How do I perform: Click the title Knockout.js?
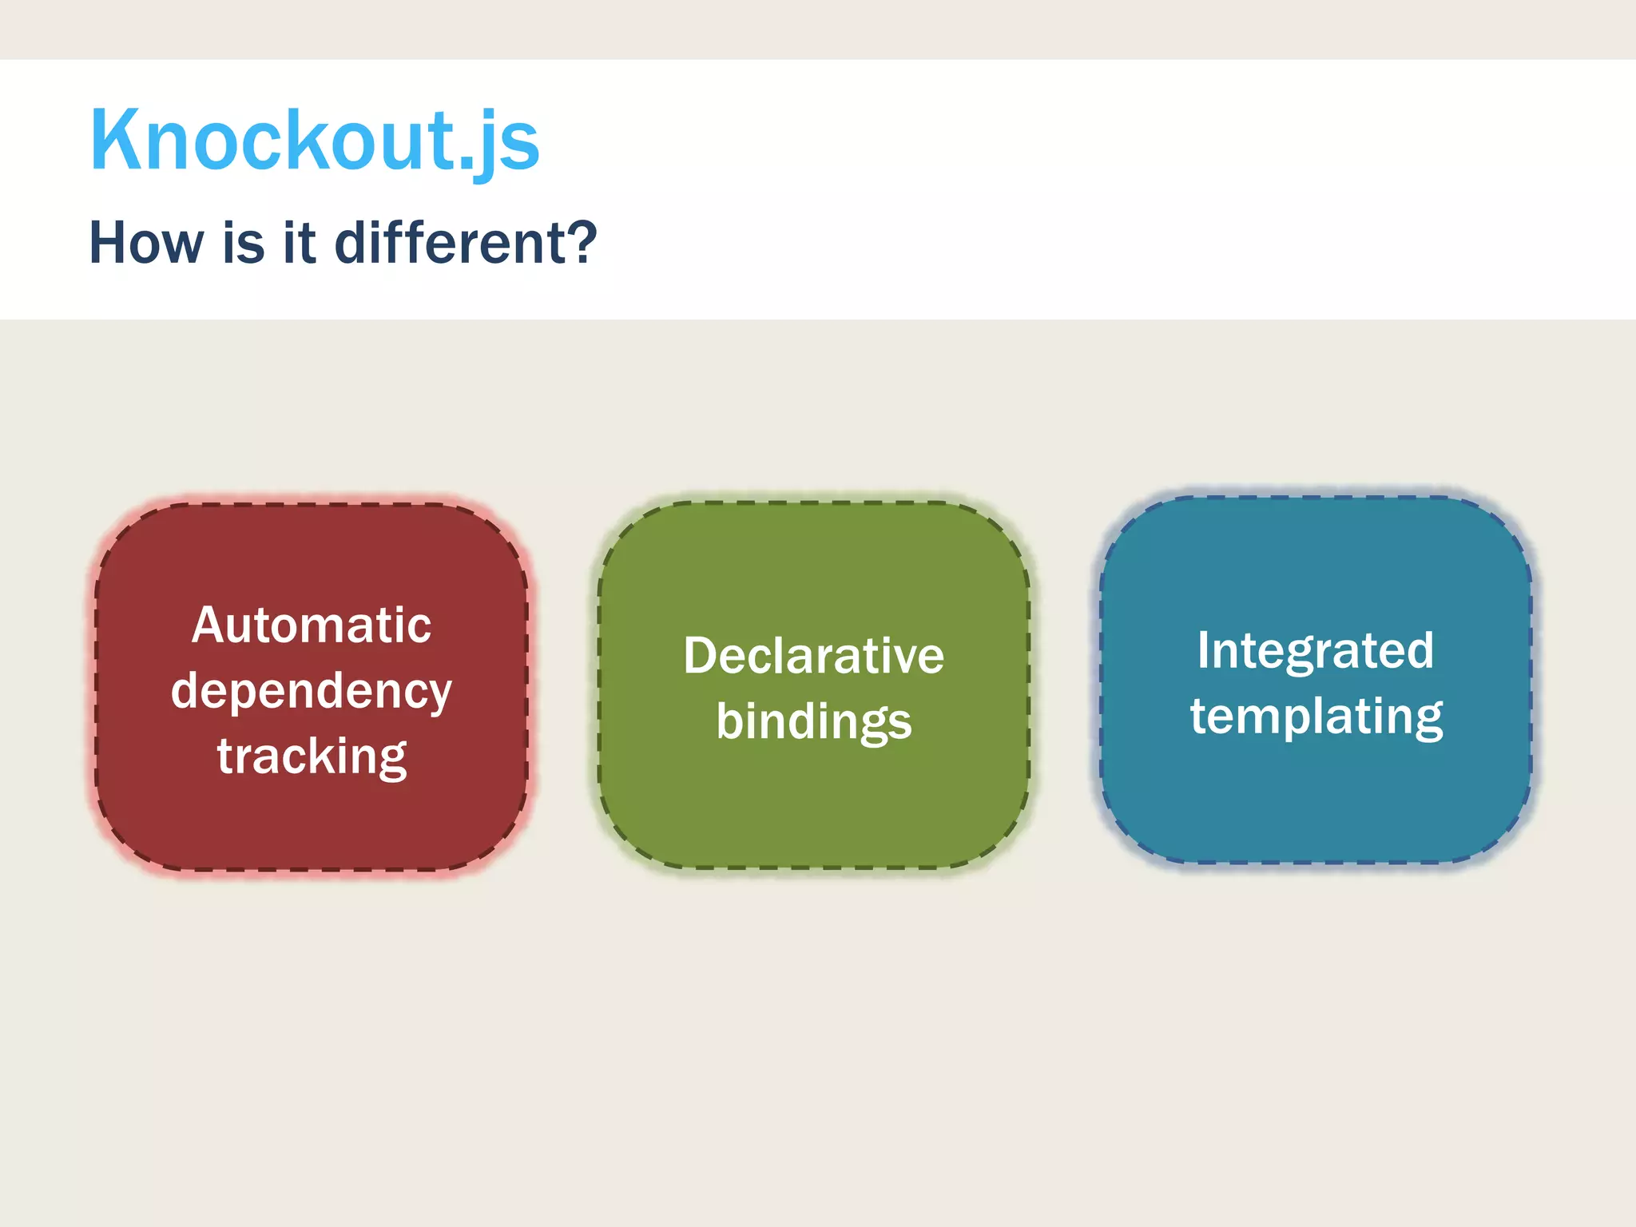[x=315, y=141]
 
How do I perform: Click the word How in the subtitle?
[x=146, y=243]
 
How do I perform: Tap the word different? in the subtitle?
[x=465, y=243]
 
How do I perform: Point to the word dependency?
[x=312, y=692]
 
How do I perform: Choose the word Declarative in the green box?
[x=813, y=657]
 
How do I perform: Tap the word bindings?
[x=813, y=722]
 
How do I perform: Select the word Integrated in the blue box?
[x=1315, y=650]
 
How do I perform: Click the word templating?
[x=1316, y=717]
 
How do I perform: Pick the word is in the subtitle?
[x=243, y=243]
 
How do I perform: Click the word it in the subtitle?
[x=299, y=243]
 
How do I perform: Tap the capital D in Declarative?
[x=701, y=657]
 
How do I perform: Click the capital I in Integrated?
[x=1204, y=650]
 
